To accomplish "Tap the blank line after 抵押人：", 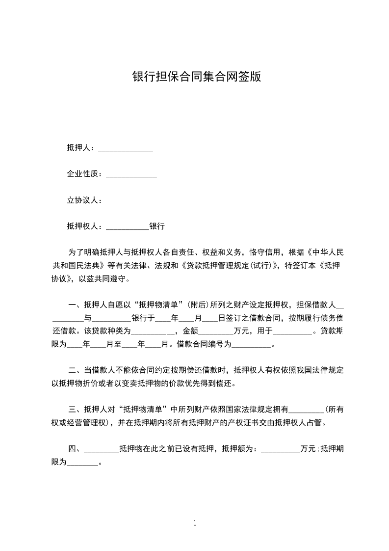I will click(126, 148).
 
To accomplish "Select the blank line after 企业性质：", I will click(131, 174).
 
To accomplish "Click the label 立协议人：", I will click(84, 200).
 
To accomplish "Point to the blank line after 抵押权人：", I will click(127, 227).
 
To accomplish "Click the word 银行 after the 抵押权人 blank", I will click(157, 227).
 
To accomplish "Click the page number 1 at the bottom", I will click(195, 523).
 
